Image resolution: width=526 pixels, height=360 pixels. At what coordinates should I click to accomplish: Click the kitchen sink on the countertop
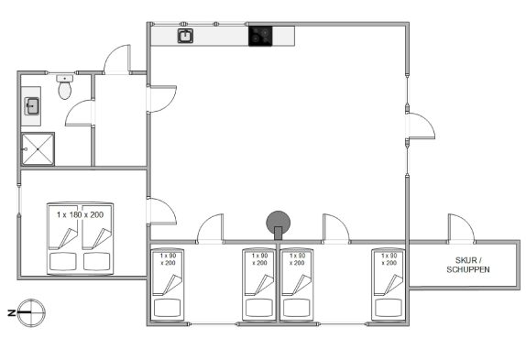[185, 36]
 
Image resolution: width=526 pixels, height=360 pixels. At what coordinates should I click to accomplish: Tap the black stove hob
[260, 36]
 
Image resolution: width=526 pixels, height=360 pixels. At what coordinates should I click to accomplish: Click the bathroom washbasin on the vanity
[32, 106]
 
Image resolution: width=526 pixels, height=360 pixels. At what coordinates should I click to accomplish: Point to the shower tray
[38, 148]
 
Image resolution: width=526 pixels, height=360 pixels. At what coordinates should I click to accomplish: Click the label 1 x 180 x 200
[80, 215]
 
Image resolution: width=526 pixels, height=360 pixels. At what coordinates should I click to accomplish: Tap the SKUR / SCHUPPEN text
[468, 265]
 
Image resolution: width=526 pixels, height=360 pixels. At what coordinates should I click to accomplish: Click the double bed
[80, 238]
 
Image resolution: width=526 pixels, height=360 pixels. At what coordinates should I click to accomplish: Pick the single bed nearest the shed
[389, 284]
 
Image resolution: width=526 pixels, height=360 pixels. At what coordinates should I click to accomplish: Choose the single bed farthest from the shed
[168, 284]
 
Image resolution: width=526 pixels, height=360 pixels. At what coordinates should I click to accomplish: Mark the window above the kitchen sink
[199, 24]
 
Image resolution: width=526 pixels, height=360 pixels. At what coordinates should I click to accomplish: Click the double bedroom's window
[19, 200]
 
